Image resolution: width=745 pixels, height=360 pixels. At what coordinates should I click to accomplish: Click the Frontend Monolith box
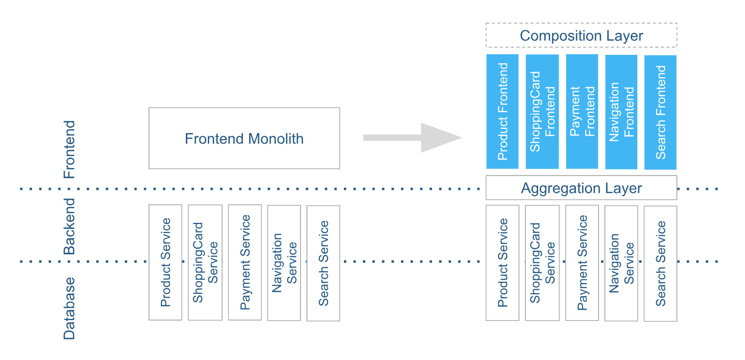244,138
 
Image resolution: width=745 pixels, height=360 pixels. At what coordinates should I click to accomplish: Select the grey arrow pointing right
413,138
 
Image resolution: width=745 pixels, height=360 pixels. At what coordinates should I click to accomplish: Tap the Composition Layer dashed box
581,35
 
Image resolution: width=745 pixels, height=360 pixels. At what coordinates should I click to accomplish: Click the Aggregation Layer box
581,188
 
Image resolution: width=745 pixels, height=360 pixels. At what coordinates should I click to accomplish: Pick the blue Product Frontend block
502,111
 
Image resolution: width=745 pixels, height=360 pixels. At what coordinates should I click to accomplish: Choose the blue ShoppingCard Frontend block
542,111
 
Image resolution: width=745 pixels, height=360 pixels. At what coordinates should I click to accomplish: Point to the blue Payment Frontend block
582,111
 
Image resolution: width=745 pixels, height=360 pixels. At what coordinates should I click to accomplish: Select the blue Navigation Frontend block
621,111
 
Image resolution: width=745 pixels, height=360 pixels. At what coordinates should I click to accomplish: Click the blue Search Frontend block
660,112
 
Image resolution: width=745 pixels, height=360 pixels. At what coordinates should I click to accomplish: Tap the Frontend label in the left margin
69,149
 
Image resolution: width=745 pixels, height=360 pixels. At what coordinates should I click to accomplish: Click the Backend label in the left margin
69,226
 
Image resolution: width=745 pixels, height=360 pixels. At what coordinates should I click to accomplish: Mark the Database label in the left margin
69,308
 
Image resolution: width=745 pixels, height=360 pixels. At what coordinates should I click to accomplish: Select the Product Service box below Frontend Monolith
165,262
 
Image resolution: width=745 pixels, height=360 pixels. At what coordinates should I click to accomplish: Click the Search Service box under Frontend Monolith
323,263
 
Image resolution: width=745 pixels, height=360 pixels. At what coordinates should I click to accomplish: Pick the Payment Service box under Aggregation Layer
582,263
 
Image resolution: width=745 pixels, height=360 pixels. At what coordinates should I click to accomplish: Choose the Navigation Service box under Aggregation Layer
621,263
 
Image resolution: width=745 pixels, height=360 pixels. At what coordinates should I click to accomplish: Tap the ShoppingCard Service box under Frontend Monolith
205,262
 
